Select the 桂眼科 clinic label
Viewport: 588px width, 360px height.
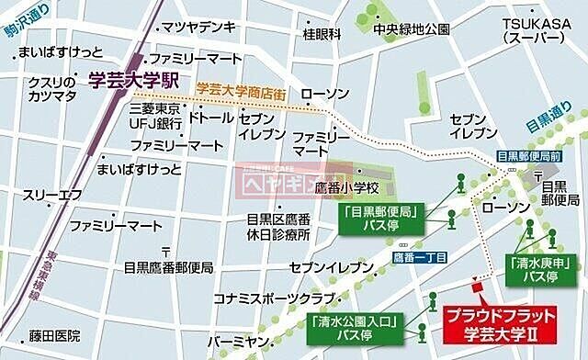tap(322, 34)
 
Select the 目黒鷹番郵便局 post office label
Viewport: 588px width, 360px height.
tap(169, 267)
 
